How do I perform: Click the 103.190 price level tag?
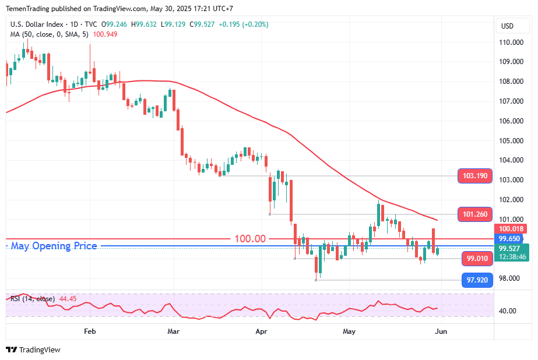tap(475, 176)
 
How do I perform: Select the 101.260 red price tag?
tap(475, 214)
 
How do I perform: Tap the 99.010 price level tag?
tap(479, 258)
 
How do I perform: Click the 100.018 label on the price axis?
tap(511, 229)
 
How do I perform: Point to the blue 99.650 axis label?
tap(511, 239)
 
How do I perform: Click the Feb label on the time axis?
tap(90, 331)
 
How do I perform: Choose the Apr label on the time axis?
tap(261, 331)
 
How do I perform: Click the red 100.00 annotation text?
tap(250, 239)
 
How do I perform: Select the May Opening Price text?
tap(54, 246)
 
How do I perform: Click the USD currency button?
tap(507, 26)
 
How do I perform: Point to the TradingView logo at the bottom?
tap(33, 350)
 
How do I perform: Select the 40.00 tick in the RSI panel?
tap(508, 311)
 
